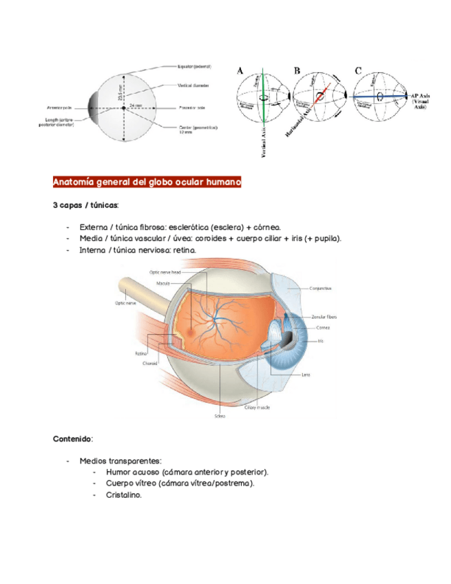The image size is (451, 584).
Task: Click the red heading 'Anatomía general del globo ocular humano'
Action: [147, 183]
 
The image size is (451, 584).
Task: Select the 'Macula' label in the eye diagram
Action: [162, 283]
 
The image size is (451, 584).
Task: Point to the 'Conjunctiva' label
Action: [321, 288]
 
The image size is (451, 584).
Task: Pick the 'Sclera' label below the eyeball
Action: [220, 416]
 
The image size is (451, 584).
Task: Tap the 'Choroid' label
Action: [151, 363]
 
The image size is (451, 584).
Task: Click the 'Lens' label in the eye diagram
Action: [306, 375]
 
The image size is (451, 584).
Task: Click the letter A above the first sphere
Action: [240, 70]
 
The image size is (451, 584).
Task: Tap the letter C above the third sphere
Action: [359, 70]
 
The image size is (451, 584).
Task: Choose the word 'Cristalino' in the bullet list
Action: [124, 494]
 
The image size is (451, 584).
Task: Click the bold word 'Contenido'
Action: [73, 438]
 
